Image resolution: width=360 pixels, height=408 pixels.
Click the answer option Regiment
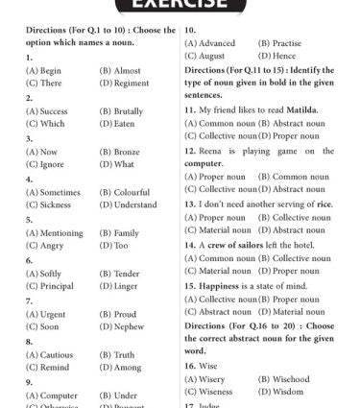pos(132,84)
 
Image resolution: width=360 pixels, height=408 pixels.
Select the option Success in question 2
pos(51,110)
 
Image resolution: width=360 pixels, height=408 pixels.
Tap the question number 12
pos(190,151)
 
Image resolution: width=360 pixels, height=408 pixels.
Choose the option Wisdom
pos(279,392)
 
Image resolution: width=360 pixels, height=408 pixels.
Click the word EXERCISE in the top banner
pos(180,5)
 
